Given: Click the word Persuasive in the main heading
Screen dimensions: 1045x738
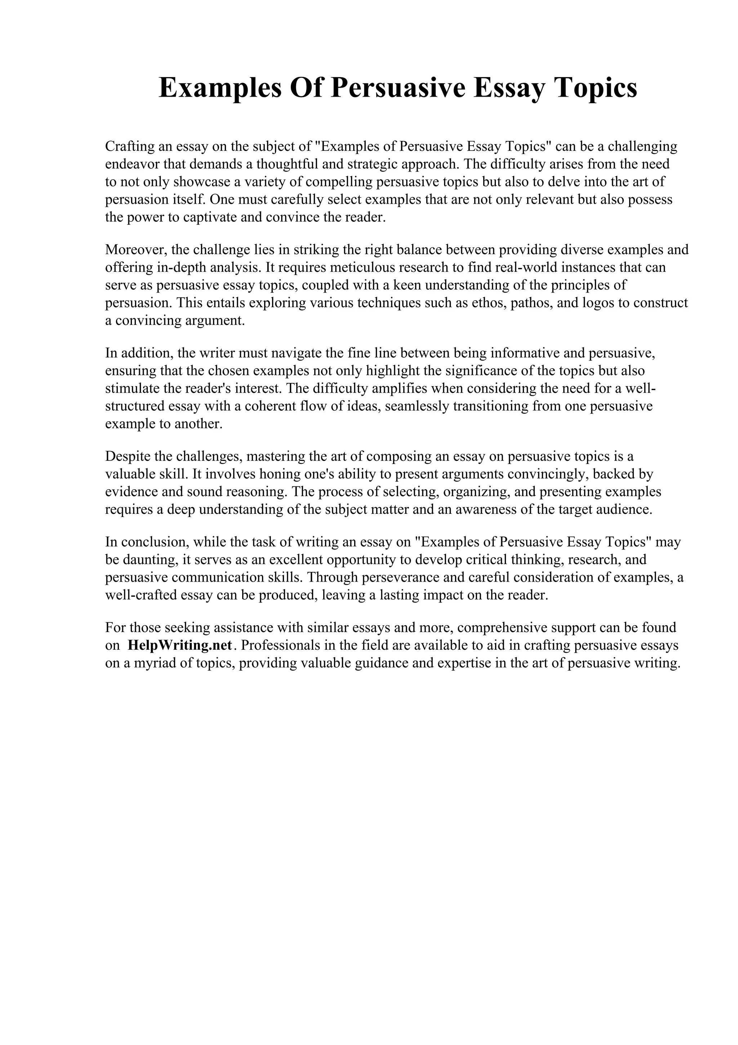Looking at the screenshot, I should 398,88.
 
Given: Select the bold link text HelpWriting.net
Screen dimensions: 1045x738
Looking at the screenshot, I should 180,645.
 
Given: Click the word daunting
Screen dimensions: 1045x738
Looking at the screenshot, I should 147,559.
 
